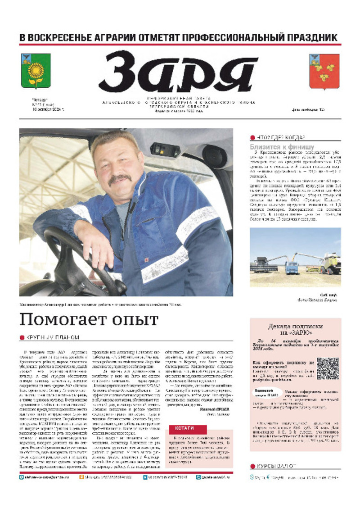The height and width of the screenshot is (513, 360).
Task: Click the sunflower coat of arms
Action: (36, 71)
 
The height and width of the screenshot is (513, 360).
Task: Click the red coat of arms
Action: (324, 71)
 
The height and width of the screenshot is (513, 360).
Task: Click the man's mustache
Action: (120, 179)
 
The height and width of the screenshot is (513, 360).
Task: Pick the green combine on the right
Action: (330, 263)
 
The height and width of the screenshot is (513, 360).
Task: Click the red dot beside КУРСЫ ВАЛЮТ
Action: (252, 466)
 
